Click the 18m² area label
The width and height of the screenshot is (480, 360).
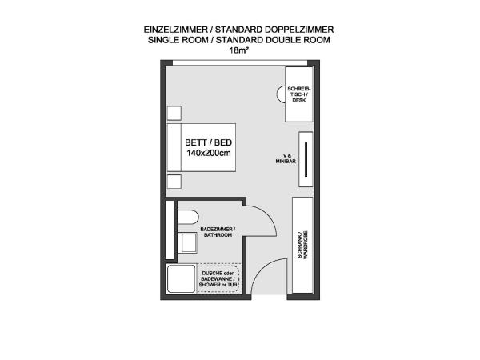(238, 50)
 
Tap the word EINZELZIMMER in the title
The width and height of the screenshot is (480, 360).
(176, 30)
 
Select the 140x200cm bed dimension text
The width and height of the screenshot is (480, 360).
(209, 153)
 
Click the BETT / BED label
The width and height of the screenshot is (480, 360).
(209, 142)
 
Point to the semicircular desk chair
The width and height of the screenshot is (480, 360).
(281, 94)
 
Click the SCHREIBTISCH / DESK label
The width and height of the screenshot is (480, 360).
(298, 94)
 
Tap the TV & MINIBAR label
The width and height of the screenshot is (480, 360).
(286, 158)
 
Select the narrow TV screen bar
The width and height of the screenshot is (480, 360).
(306, 159)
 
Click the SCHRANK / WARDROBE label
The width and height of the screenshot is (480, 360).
(302, 245)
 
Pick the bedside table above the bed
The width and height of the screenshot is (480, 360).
(174, 114)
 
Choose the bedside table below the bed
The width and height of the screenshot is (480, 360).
(174, 182)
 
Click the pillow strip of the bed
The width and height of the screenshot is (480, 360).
(174, 147)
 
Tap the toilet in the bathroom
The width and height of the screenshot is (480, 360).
(188, 217)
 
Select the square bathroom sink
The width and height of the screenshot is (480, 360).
(188, 242)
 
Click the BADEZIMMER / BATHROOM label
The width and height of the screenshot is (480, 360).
(218, 232)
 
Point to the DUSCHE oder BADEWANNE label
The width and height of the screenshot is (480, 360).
(218, 279)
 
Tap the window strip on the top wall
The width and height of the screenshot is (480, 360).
(240, 62)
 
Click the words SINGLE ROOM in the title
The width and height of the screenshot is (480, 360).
(178, 40)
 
